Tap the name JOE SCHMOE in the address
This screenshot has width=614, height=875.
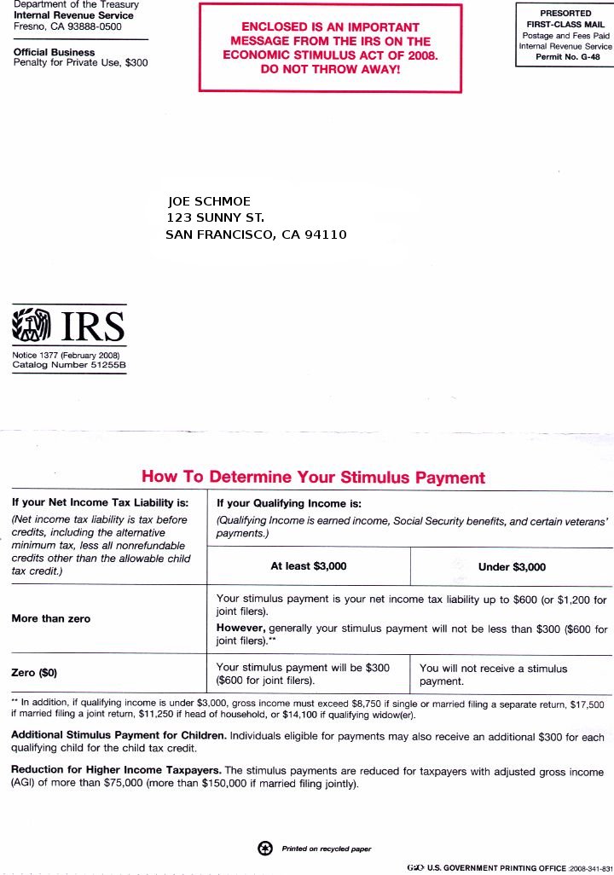pyautogui.click(x=210, y=201)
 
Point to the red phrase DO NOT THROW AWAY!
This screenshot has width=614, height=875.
pyautogui.click(x=330, y=69)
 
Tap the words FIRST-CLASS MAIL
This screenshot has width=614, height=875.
pyautogui.click(x=565, y=25)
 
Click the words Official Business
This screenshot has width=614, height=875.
pyautogui.click(x=54, y=52)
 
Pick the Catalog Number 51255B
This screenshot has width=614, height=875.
pyautogui.click(x=69, y=365)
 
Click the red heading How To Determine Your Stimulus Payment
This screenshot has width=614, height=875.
pyautogui.click(x=313, y=478)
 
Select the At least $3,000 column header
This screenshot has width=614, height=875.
pyautogui.click(x=309, y=566)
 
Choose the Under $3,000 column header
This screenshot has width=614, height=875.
pyautogui.click(x=513, y=566)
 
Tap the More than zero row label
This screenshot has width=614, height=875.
pyautogui.click(x=51, y=618)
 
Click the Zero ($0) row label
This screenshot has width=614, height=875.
pyautogui.click(x=34, y=673)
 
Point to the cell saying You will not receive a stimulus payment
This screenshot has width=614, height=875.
pyautogui.click(x=493, y=675)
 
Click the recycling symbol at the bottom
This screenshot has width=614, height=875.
pyautogui.click(x=264, y=848)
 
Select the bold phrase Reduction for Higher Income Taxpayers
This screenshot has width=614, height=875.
pyautogui.click(x=116, y=770)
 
